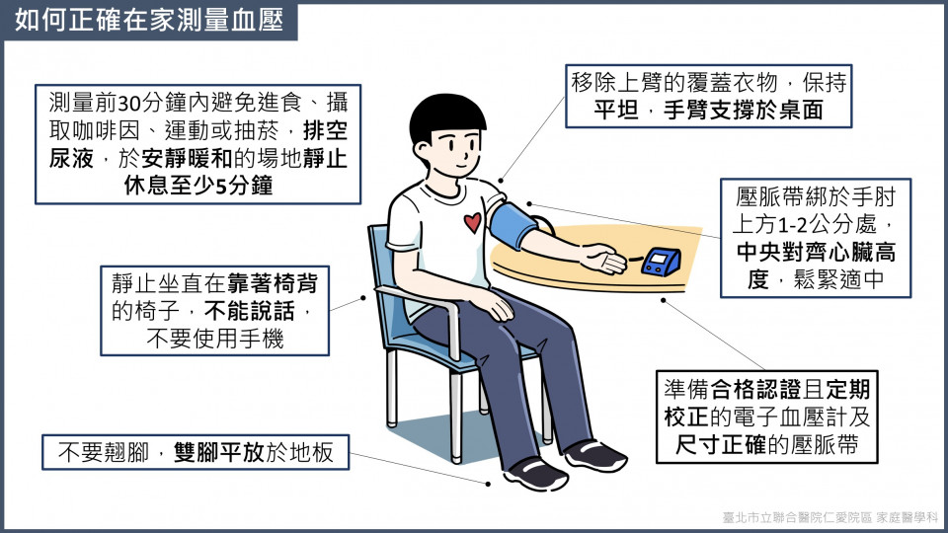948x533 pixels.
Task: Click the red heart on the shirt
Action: tap(473, 222)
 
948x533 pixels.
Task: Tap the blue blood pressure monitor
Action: tap(661, 262)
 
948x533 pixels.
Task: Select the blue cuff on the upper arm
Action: tap(513, 225)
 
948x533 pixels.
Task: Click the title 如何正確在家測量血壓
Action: tap(149, 20)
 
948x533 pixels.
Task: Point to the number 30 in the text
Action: tap(128, 104)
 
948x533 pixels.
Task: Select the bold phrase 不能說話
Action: tap(250, 311)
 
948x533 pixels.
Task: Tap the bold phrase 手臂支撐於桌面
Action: tap(744, 110)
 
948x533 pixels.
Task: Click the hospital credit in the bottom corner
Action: tap(830, 517)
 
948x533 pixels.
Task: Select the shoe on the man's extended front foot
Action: tap(536, 473)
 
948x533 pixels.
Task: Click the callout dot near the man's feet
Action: tap(488, 484)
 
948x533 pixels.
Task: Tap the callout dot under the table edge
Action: tap(664, 300)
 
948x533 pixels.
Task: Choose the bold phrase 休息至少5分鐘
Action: tap(198, 186)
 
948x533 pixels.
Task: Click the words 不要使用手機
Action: tap(214, 339)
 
